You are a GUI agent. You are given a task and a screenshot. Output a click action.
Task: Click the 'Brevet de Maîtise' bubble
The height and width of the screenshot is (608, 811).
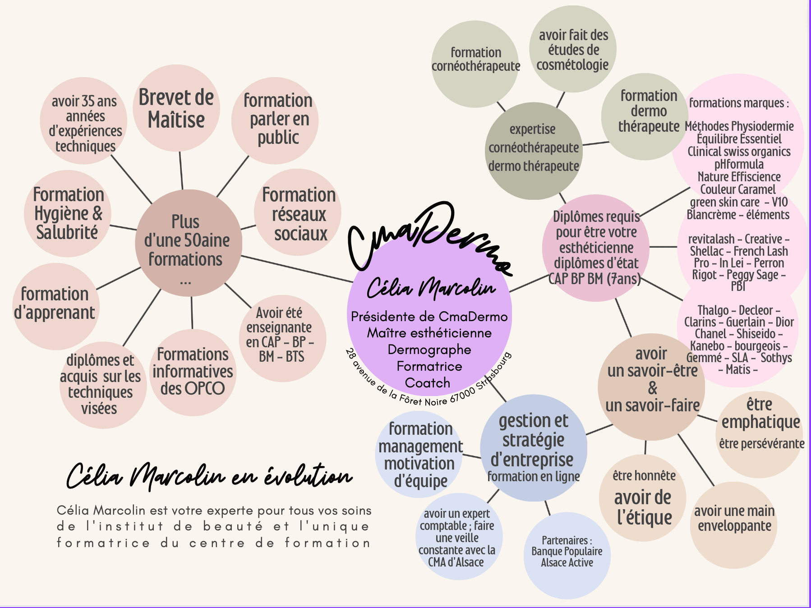(x=176, y=108)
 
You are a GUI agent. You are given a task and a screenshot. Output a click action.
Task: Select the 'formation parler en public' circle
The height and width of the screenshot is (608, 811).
(x=275, y=120)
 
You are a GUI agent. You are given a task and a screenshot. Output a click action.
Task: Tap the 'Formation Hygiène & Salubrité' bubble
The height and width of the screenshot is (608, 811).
(x=68, y=214)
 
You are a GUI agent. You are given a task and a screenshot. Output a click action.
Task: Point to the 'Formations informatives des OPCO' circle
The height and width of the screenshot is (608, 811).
(x=193, y=372)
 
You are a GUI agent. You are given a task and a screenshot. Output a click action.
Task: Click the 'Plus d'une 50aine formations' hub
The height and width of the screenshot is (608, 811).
(x=189, y=243)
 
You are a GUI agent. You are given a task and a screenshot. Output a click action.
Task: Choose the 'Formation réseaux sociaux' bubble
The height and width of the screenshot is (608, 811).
(x=298, y=212)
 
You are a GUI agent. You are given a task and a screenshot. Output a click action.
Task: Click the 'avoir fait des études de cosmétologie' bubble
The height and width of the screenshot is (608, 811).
(x=573, y=49)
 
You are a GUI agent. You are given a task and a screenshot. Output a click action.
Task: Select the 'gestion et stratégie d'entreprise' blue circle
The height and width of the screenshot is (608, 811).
(x=534, y=448)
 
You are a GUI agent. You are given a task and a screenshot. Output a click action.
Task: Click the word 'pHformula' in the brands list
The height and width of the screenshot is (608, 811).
(x=739, y=165)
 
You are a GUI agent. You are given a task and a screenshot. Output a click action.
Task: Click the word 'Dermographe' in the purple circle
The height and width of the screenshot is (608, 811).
(x=429, y=350)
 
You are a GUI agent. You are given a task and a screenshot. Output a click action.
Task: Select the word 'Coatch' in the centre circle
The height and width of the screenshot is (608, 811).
(x=428, y=382)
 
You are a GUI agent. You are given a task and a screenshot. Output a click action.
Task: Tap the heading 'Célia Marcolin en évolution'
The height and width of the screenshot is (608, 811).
(x=209, y=477)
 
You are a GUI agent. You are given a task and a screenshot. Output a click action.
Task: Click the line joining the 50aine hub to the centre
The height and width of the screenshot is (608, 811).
(x=297, y=269)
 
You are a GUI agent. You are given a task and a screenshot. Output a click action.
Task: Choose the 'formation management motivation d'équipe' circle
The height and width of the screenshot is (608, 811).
(x=419, y=454)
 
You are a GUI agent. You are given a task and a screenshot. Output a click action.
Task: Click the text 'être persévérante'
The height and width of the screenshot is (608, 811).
(x=762, y=444)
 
